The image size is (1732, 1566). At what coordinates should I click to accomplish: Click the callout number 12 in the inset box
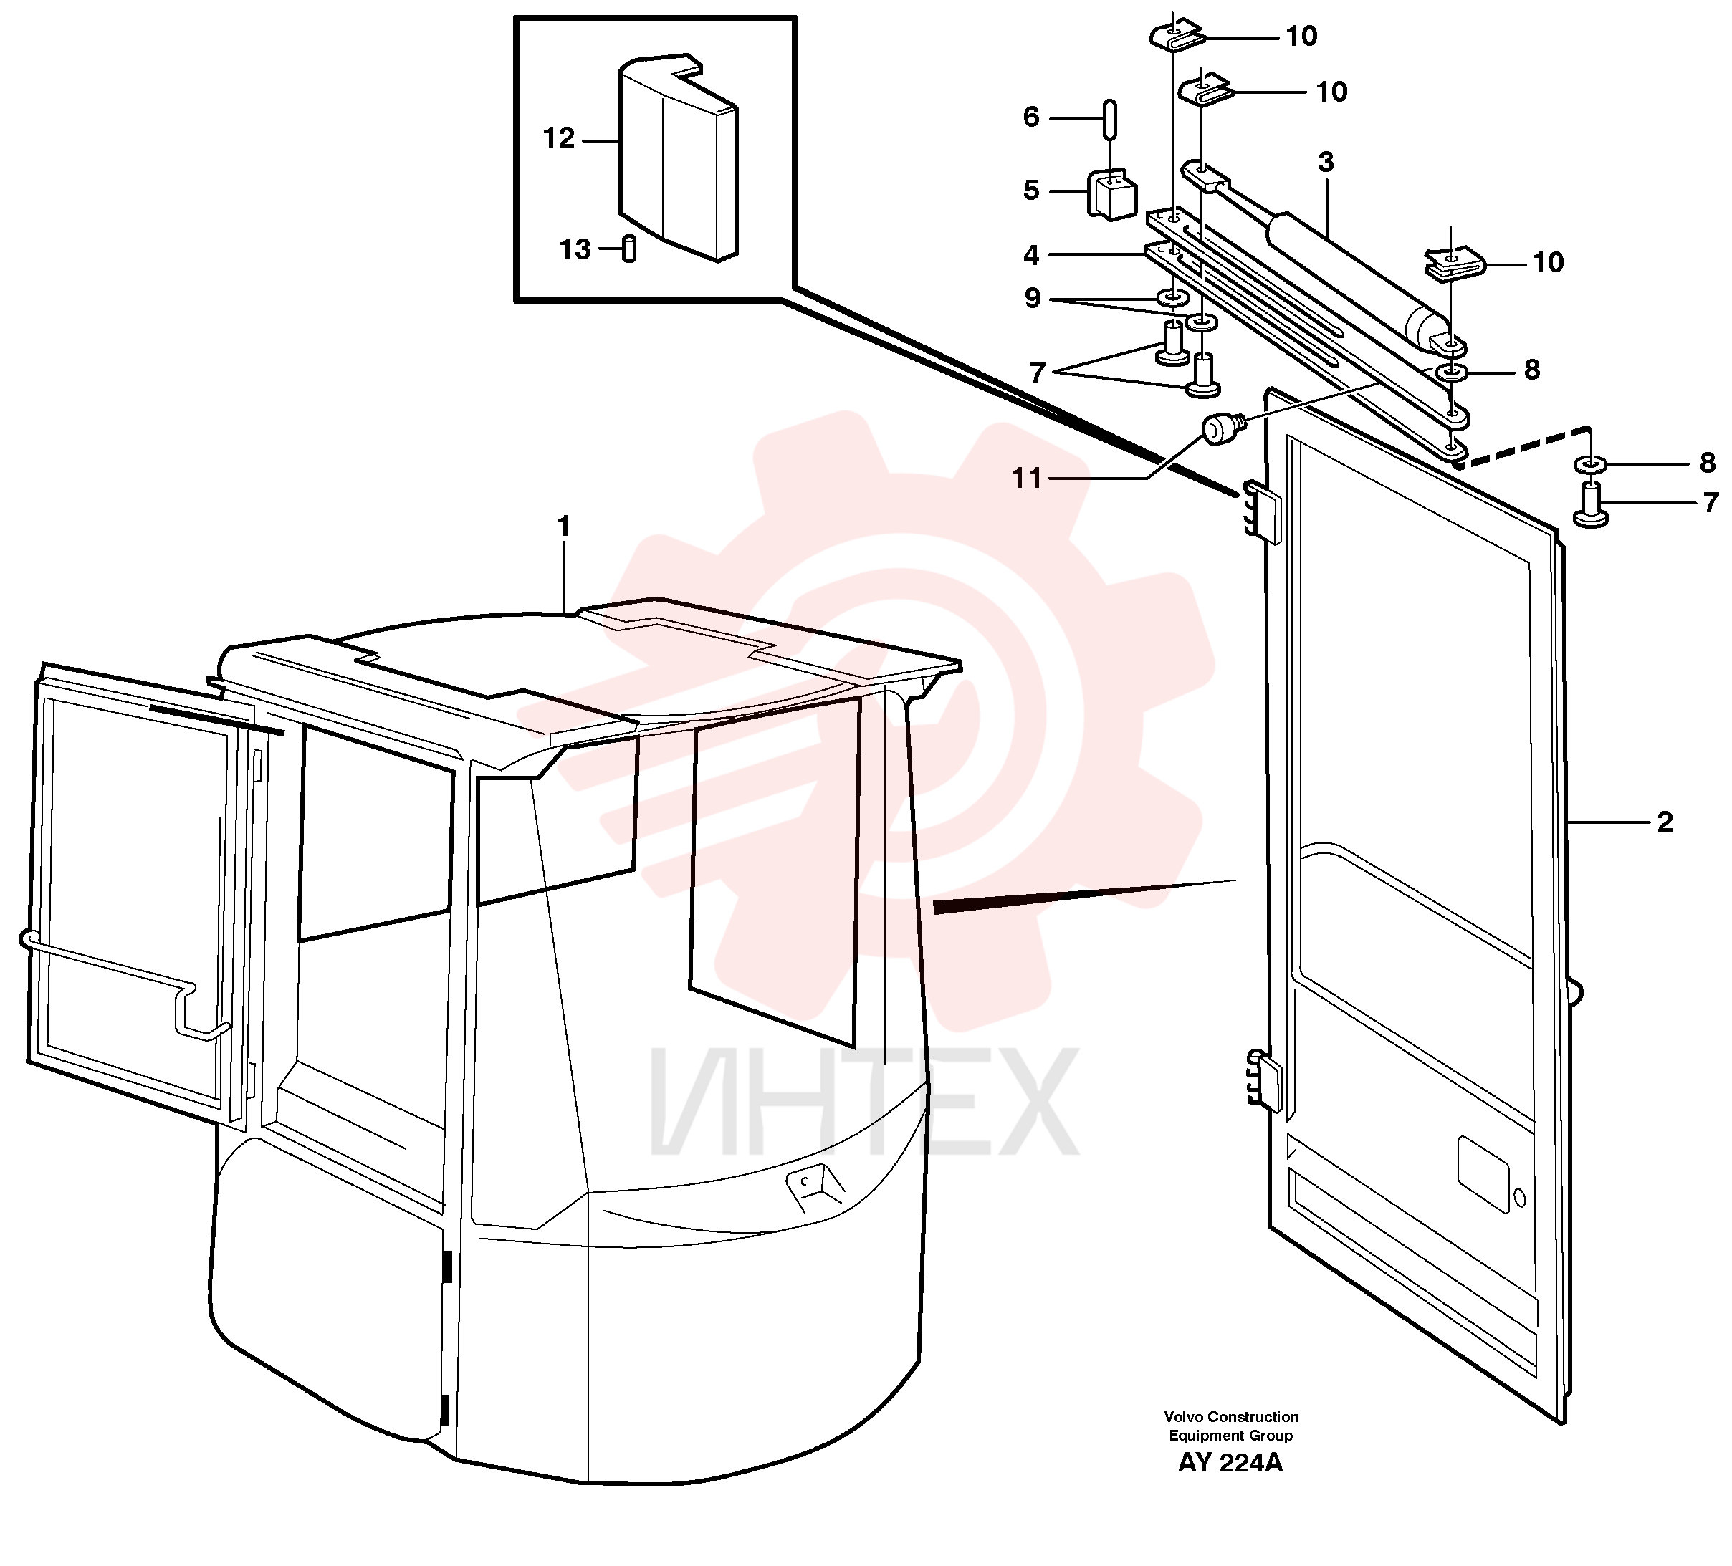coord(558,138)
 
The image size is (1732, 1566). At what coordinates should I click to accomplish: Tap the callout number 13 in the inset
coord(575,250)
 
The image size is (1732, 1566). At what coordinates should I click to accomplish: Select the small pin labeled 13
coord(629,249)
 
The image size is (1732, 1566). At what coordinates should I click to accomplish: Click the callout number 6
coord(1031,117)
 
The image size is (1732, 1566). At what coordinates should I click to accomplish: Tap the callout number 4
coord(1031,255)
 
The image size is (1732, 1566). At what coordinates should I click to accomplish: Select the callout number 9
coord(1032,298)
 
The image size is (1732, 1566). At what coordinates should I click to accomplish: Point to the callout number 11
coord(1027,479)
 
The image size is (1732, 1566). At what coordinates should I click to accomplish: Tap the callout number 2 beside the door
coord(1665,822)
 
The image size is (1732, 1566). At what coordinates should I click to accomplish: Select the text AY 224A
coord(1230,1463)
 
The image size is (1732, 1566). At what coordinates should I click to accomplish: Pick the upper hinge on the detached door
coord(1260,512)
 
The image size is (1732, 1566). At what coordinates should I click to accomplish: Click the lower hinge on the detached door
coord(1261,1080)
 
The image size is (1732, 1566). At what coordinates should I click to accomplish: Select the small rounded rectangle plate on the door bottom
coord(1484,1174)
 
